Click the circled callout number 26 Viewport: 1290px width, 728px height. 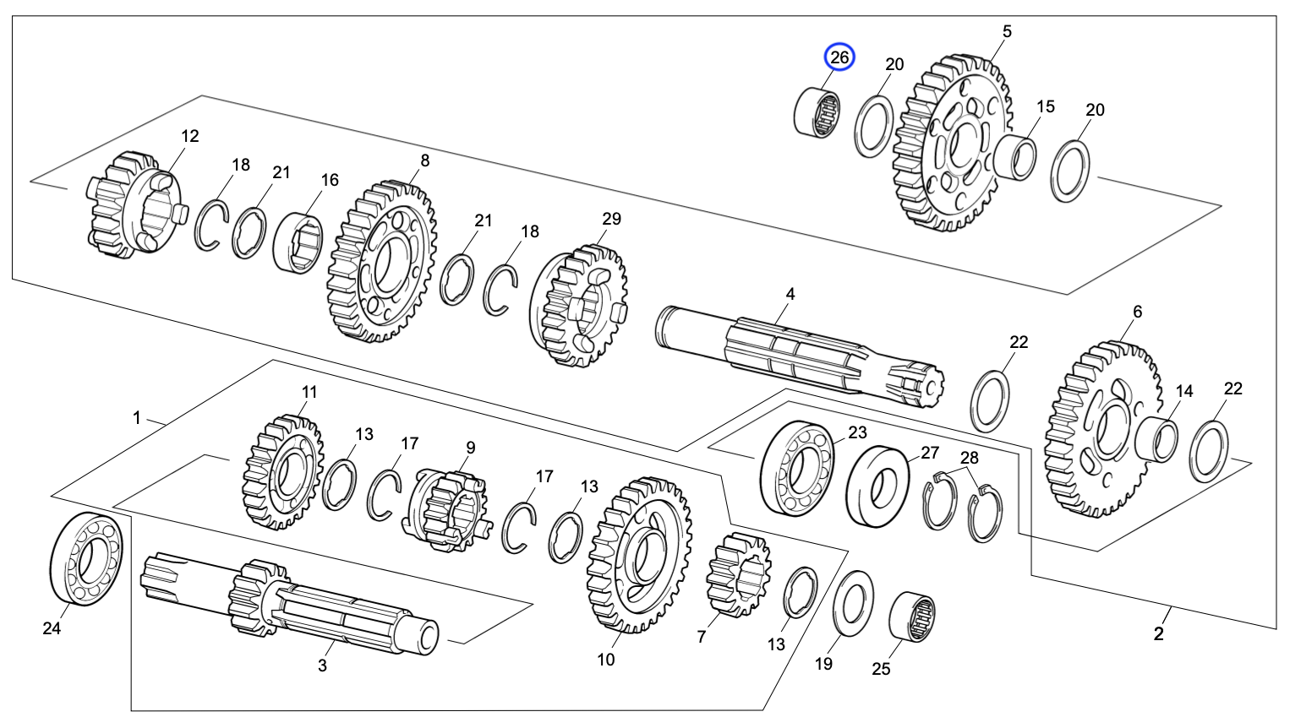tap(839, 57)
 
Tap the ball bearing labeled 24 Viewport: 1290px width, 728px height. tap(86, 559)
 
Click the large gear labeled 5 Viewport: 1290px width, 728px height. tap(951, 144)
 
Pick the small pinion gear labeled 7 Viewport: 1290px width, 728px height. tap(737, 574)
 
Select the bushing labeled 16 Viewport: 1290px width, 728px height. tap(298, 242)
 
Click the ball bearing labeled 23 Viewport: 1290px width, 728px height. tap(797, 467)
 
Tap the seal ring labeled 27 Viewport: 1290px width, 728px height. tap(878, 486)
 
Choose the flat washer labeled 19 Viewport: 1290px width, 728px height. tap(854, 604)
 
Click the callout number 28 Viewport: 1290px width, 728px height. tap(970, 458)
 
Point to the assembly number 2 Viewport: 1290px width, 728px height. tap(1158, 634)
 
